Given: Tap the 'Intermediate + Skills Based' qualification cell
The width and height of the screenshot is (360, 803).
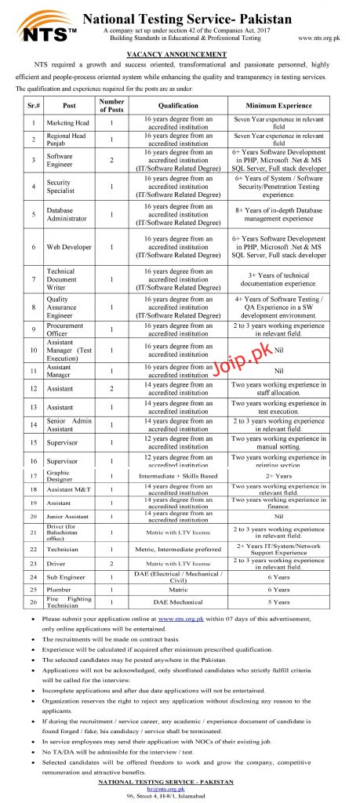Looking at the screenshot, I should coord(178,476).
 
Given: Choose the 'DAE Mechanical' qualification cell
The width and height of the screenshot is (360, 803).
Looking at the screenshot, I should coord(178,601).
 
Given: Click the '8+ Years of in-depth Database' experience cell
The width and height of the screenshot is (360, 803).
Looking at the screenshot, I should coord(278,214).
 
